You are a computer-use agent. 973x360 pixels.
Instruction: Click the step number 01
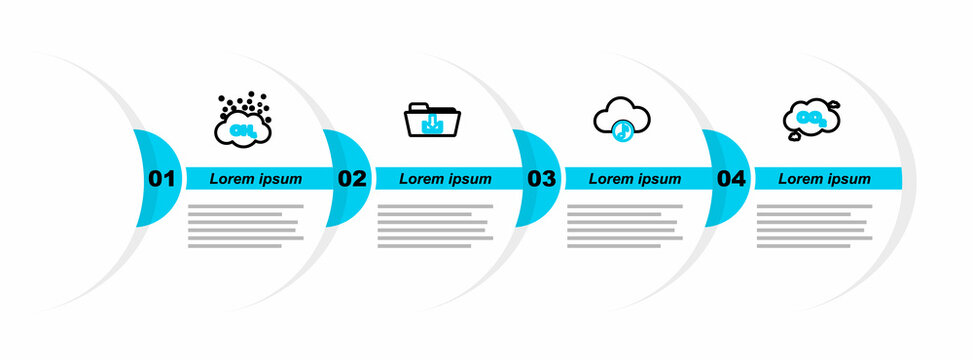point(161,179)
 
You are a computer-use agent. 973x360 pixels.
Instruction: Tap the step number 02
point(351,179)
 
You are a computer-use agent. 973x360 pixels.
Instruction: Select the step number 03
point(541,179)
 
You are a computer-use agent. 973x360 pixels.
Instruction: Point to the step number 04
point(731,179)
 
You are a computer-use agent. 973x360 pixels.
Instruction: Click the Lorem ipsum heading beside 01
point(256,179)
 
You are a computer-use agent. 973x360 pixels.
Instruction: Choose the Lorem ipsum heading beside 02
point(446,179)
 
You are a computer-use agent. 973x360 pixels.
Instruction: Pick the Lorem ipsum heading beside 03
point(635,179)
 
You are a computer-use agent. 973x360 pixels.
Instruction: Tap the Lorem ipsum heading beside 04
point(825,179)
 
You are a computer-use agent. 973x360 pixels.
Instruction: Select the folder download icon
point(432,120)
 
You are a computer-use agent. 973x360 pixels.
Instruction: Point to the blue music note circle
point(622,129)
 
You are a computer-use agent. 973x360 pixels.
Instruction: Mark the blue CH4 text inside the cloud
point(241,130)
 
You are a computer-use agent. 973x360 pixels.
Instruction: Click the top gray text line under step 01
point(245,206)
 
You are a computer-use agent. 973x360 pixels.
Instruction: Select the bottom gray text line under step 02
point(425,246)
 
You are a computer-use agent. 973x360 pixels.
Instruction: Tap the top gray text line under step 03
point(625,206)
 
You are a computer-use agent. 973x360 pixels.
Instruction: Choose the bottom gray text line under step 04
point(804,246)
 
